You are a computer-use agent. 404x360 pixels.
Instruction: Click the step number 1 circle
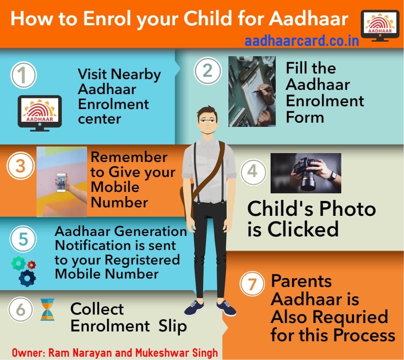click(x=23, y=75)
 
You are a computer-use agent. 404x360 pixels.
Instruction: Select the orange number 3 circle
click(x=20, y=167)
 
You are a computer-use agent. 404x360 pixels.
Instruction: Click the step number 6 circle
click(x=20, y=309)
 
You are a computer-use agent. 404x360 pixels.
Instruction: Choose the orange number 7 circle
click(x=252, y=285)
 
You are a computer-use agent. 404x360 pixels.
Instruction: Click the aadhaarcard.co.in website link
click(x=301, y=41)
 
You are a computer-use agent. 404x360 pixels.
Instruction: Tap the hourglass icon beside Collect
click(x=47, y=309)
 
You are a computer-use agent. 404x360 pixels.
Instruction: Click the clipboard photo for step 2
click(x=252, y=92)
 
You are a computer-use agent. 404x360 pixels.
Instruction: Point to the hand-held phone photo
click(x=62, y=182)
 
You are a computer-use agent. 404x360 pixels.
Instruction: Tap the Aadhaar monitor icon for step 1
click(x=40, y=112)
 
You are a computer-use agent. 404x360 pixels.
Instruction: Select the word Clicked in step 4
click(x=293, y=229)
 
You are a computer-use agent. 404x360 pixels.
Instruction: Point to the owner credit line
click(x=115, y=352)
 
